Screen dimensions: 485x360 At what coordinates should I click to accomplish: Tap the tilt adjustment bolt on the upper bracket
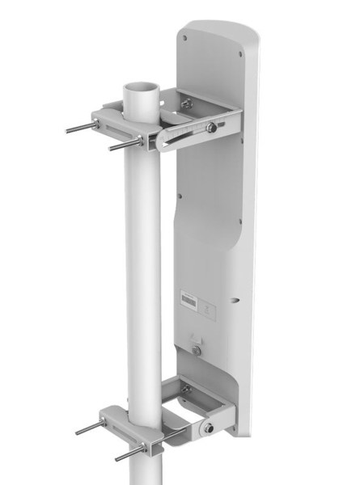coord(211,127)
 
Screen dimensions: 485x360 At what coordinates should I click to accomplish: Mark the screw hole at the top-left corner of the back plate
coord(185,37)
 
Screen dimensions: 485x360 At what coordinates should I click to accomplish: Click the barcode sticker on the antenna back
coord(188,300)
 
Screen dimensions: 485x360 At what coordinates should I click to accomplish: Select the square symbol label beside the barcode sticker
coord(208,306)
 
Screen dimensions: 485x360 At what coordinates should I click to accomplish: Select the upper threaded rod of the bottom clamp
coord(88,428)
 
